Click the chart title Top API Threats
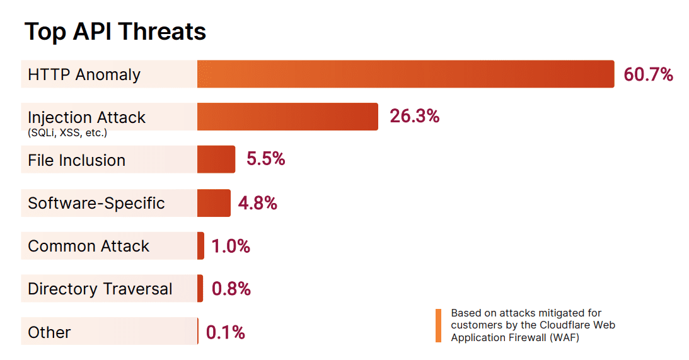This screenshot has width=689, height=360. click(x=115, y=32)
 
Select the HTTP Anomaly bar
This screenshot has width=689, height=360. click(x=405, y=74)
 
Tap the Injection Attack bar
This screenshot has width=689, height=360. click(x=287, y=117)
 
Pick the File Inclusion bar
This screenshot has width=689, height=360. click(x=216, y=160)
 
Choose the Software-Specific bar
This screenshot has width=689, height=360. click(x=214, y=202)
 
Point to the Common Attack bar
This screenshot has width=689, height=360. click(x=201, y=245)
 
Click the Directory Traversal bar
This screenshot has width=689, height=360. click(x=200, y=288)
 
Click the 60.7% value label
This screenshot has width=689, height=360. click(x=649, y=74)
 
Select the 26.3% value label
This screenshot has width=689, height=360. click(x=414, y=116)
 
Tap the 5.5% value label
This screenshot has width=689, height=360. click(x=266, y=159)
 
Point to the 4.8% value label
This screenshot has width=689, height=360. click(x=258, y=202)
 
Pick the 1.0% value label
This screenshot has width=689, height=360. click(x=231, y=246)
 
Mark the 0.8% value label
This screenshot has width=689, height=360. click(x=231, y=289)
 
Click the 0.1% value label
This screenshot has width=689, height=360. click(x=226, y=332)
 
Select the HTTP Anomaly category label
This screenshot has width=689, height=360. click(x=84, y=74)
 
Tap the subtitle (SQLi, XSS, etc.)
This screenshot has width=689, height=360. click(x=67, y=132)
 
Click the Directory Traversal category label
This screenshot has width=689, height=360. click(x=100, y=289)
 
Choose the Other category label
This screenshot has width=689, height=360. click(x=49, y=332)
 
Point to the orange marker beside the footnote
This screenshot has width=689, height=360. click(x=438, y=325)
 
